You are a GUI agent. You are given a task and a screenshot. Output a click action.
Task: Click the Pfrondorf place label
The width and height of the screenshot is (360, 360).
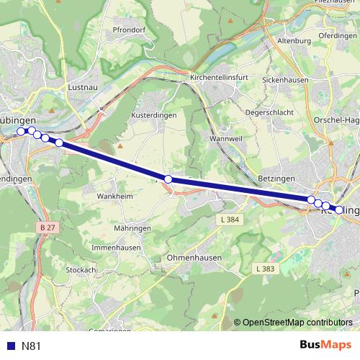[130, 50]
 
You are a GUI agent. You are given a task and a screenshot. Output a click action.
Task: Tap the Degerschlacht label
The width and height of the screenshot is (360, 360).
[269, 112]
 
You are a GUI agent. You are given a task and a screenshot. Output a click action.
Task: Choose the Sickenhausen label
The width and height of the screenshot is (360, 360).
[285, 80]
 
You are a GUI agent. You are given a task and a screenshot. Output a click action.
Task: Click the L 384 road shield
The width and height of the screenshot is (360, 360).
[230, 219]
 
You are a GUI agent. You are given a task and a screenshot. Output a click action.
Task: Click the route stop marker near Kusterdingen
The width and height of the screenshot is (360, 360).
[168, 179]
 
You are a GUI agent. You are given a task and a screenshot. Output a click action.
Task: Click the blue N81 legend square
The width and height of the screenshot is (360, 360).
[11, 346]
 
